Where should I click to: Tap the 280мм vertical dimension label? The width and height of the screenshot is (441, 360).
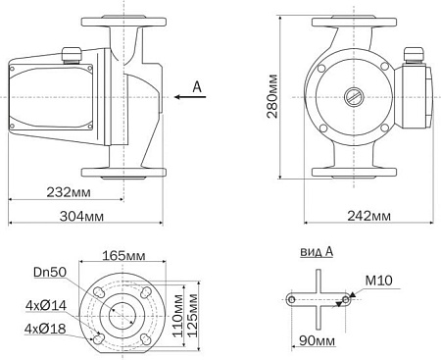[273, 98]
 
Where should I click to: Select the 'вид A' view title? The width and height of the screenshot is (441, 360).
[316, 252]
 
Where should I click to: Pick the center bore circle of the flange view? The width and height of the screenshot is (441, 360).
[122, 314]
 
